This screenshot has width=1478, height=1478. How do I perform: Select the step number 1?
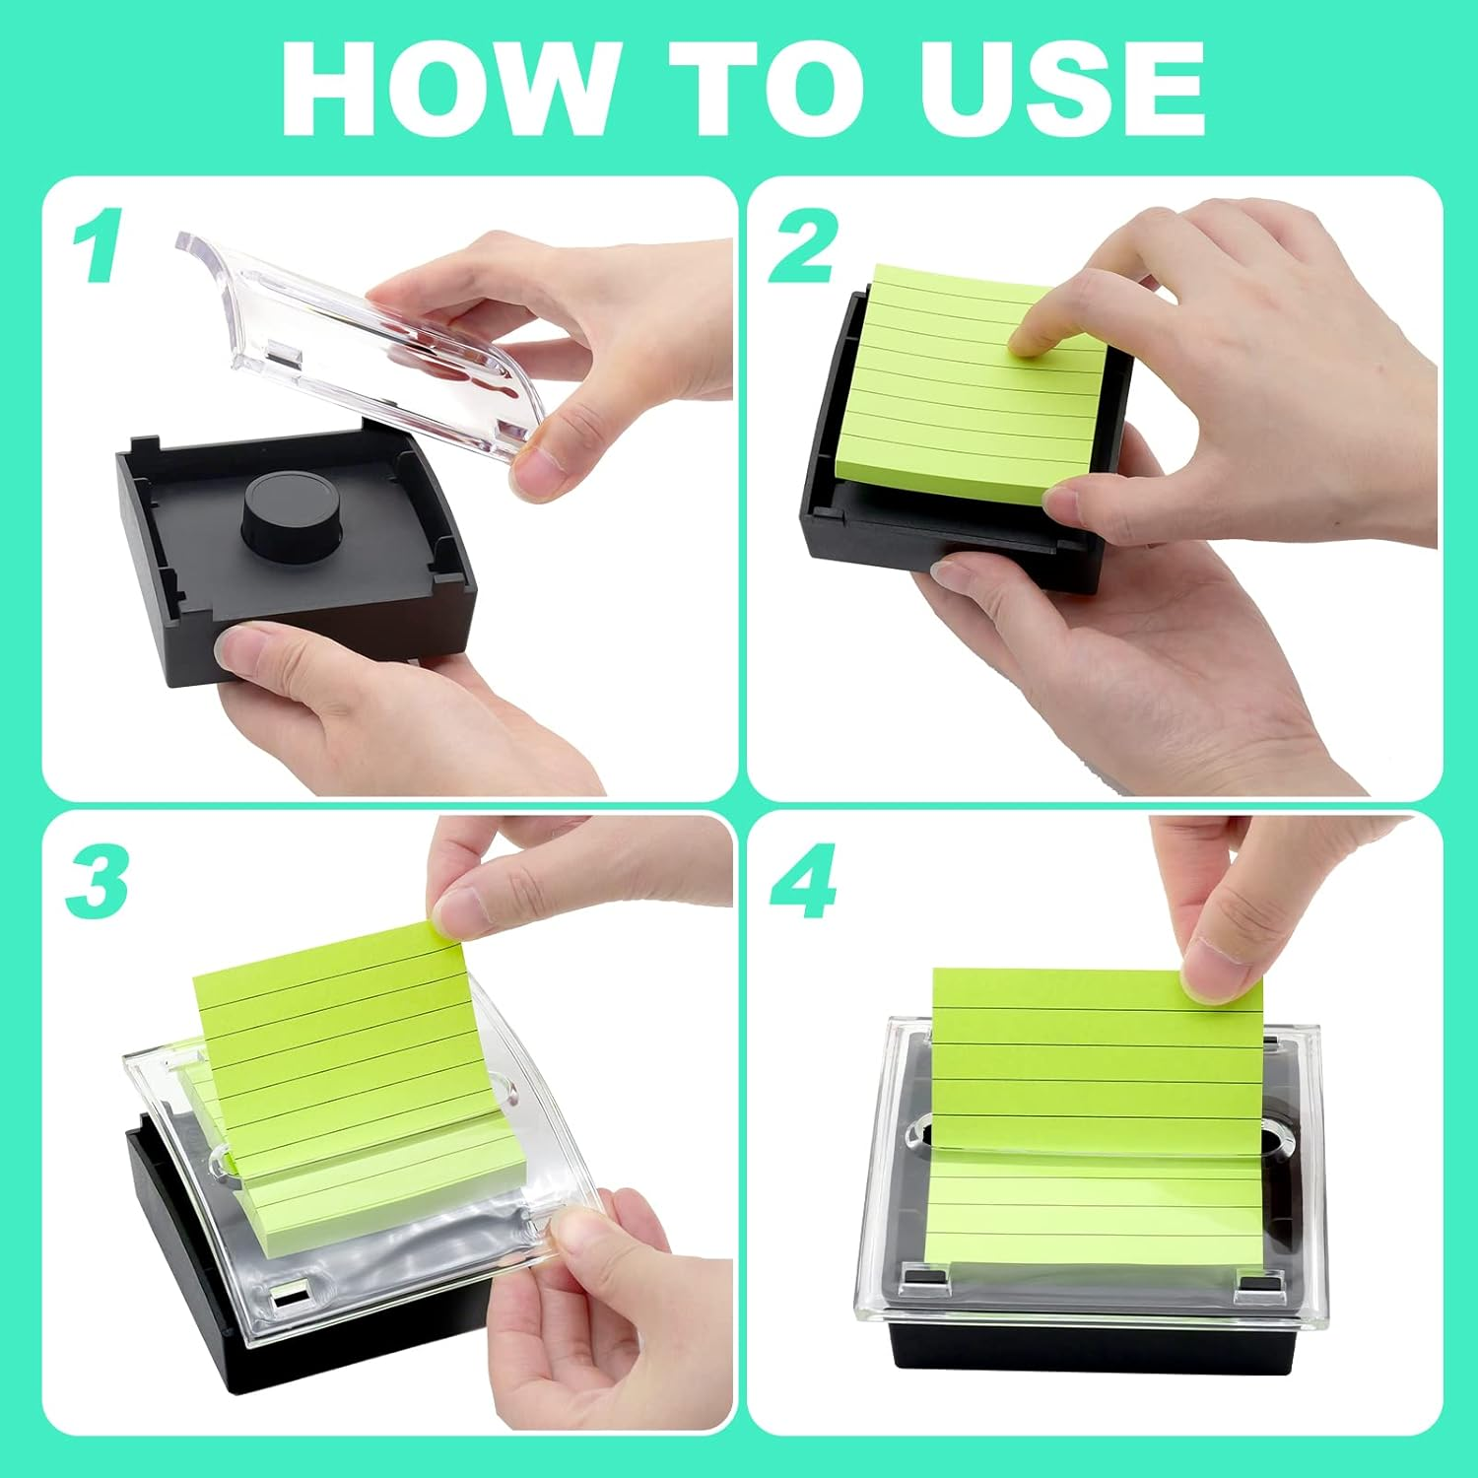pyautogui.click(x=98, y=245)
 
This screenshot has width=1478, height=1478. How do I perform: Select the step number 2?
pyautogui.click(x=802, y=245)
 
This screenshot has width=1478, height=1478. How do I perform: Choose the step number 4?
pyautogui.click(x=802, y=881)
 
